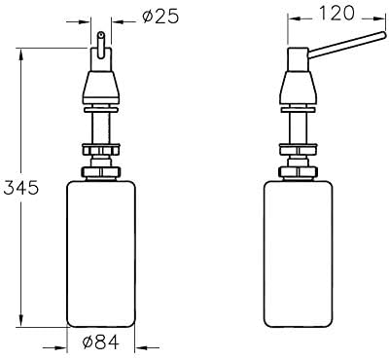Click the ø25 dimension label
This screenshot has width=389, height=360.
160,17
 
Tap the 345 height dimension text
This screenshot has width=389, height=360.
21,188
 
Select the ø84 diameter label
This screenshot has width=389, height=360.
101,342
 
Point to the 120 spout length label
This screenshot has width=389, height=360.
336,13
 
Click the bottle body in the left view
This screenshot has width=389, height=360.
101,254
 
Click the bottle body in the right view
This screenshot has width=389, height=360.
299,254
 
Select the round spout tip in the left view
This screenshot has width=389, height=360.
101,33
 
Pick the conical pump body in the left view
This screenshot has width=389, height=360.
101,85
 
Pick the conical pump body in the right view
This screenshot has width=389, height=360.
299,85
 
